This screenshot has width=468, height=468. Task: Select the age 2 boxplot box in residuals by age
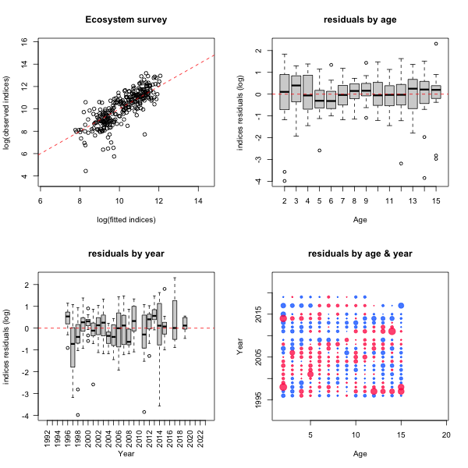tap(284, 92)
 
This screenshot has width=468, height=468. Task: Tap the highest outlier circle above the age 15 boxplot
tap(436, 44)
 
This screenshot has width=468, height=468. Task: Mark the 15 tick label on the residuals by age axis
tap(436, 203)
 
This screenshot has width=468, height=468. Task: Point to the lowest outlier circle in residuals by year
tap(78, 415)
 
